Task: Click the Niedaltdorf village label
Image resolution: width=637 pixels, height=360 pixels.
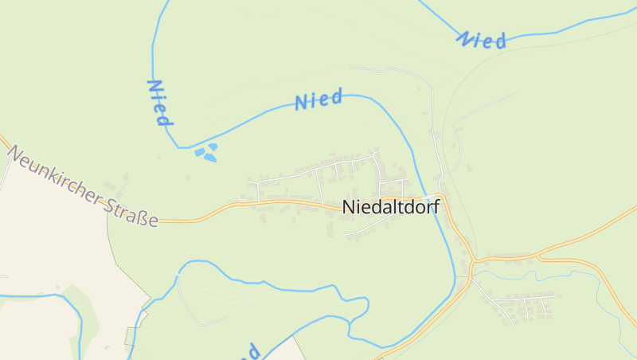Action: point(391,206)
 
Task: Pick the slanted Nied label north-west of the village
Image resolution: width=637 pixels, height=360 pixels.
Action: point(318,100)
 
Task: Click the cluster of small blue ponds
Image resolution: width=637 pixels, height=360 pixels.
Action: point(207,151)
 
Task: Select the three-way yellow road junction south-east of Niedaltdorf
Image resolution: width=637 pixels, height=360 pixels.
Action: point(473,260)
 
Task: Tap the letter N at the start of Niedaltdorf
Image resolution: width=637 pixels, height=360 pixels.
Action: point(348,206)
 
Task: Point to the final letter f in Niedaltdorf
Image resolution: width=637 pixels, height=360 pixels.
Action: point(436,205)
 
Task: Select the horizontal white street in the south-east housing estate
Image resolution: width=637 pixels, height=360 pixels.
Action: point(526,295)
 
